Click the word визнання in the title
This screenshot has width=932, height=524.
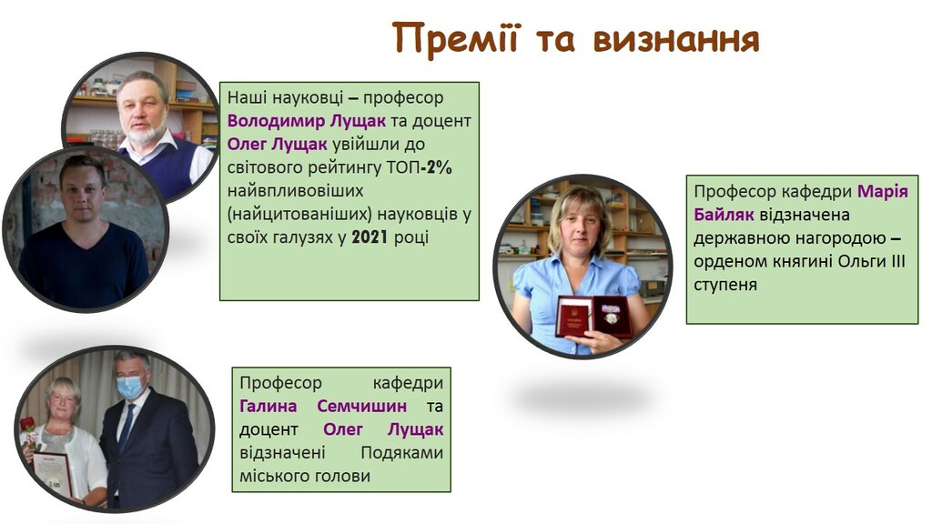pyautogui.click(x=676, y=38)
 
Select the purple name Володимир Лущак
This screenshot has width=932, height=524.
pyautogui.click(x=307, y=121)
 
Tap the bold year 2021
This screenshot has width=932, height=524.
pyautogui.click(x=370, y=237)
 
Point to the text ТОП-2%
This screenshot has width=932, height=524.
pyautogui.click(x=420, y=167)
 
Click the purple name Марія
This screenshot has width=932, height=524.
pyautogui.click(x=883, y=191)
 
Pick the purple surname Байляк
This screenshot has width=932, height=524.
pyautogui.click(x=724, y=215)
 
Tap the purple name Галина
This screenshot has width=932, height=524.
pyautogui.click(x=268, y=407)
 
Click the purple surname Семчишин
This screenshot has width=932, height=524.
pyautogui.click(x=362, y=407)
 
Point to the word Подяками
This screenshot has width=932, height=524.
pyautogui.click(x=401, y=453)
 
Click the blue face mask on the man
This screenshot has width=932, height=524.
pyautogui.click(x=129, y=387)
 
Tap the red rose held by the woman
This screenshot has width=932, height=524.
pyautogui.click(x=28, y=426)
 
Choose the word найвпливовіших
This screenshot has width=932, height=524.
pyautogui.click(x=296, y=191)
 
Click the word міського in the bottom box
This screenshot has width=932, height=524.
pyautogui.click(x=273, y=477)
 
